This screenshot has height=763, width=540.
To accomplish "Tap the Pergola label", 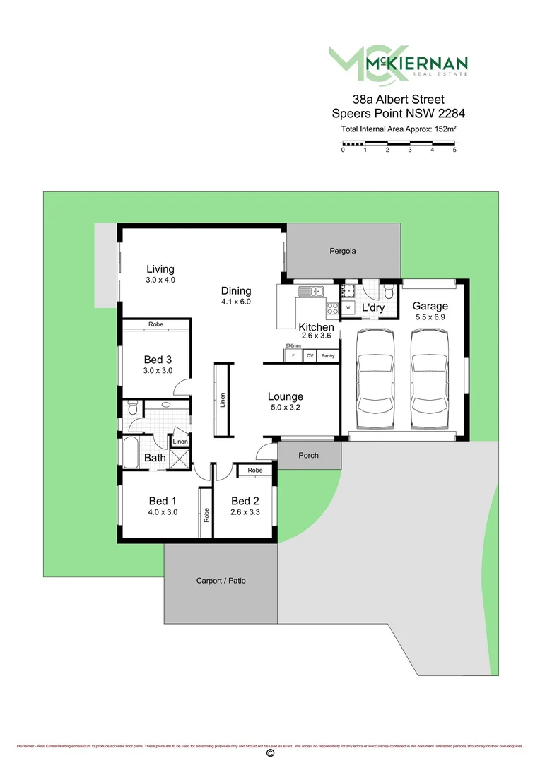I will [x=343, y=251].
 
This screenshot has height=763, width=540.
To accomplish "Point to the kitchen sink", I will [x=310, y=290].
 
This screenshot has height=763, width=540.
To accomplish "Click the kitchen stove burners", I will [x=332, y=309].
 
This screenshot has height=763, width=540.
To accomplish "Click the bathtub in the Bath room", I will [x=131, y=453].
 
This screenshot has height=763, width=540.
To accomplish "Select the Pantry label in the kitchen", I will [x=327, y=356].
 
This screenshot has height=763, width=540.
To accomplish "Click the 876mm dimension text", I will [x=293, y=345].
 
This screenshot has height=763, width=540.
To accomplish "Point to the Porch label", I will [x=308, y=455].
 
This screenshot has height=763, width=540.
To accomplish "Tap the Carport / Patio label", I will [x=221, y=581].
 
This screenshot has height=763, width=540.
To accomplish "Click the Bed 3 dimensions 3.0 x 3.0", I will [x=158, y=371].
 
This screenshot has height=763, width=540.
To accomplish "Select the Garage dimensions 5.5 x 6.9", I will [x=430, y=317].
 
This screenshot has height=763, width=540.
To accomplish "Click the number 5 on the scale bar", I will [x=454, y=150].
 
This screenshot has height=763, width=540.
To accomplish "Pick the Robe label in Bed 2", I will [x=255, y=470].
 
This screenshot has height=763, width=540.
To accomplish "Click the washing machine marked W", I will [x=348, y=307].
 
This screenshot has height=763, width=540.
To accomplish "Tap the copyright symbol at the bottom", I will [x=269, y=754].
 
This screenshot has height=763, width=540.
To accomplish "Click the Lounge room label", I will [x=286, y=396].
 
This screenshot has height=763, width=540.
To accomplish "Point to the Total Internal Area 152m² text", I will [x=398, y=130].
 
